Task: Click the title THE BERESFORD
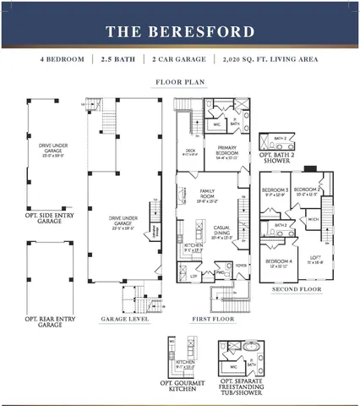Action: pos(179,32)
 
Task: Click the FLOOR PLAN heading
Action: pos(179,83)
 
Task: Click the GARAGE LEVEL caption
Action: pos(126,319)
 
